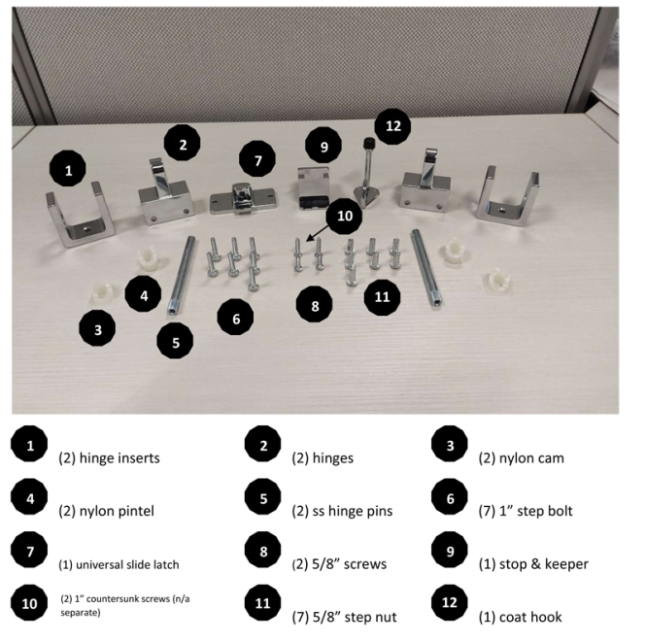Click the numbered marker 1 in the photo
tap(68, 170)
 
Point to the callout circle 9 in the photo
tap(323, 147)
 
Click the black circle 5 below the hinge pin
tap(175, 341)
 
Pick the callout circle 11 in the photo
tap(381, 295)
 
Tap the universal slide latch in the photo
tap(240, 198)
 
